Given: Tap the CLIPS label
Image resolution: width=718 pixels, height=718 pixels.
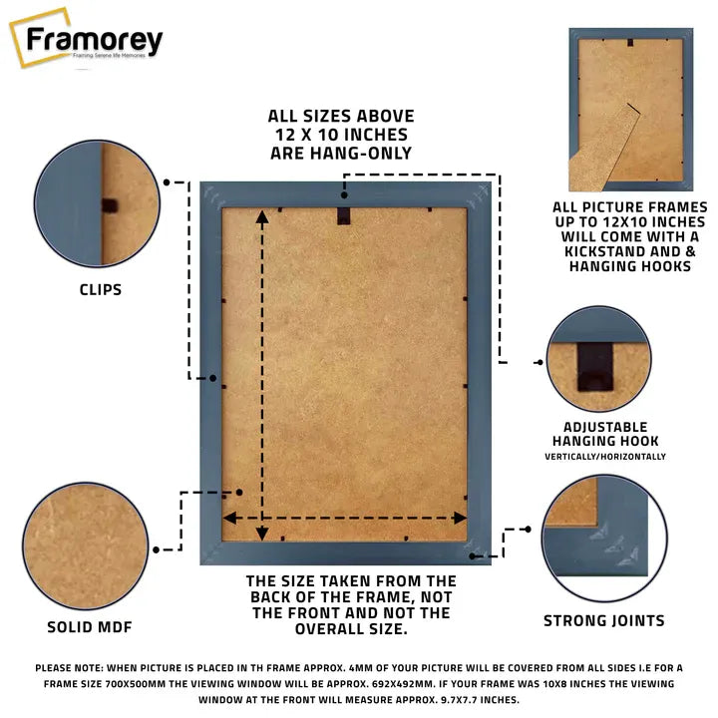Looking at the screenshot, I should coord(101,290).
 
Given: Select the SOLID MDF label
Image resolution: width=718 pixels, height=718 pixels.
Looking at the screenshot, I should coord(90,627).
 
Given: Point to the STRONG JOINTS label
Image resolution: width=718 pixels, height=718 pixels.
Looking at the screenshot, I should coord(603,620).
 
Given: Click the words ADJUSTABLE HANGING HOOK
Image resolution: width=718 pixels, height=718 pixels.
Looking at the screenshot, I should coord(604,434).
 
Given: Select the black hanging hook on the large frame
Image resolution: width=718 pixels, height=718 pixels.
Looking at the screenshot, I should coord(344,212).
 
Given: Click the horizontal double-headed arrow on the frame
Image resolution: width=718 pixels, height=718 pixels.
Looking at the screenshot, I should coord(344,518).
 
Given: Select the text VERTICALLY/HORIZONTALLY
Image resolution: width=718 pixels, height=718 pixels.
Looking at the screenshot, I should coord(604,456).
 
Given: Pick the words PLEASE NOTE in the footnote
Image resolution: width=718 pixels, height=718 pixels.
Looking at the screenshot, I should coord(72,667).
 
